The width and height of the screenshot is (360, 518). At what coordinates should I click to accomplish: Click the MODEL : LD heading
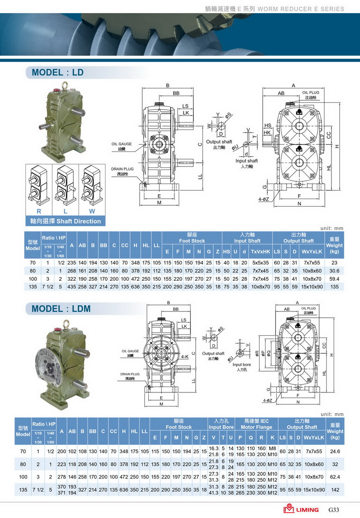tap(58, 72)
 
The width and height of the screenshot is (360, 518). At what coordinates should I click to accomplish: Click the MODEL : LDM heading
tap(61, 308)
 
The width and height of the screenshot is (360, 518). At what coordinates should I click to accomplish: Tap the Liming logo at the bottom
tap(301, 509)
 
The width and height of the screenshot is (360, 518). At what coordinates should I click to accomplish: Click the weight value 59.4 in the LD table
tap(335, 279)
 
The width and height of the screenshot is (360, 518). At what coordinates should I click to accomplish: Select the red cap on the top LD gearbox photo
tap(56, 91)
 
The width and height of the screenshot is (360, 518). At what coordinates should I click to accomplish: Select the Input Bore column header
tap(221, 424)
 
